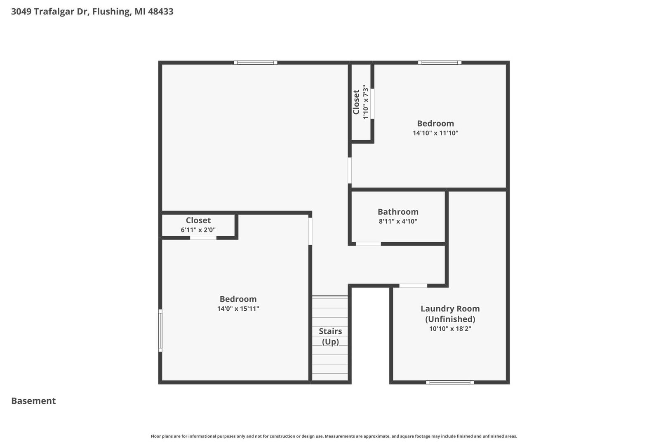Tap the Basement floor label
click(33, 401)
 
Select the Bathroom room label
click(398, 212)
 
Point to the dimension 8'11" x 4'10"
click(398, 221)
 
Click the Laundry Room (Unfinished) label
click(450, 314)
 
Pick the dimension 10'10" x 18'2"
click(450, 328)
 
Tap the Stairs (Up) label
click(330, 336)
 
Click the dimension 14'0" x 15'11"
click(238, 309)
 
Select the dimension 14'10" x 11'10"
click(435, 133)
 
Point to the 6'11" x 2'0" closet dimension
click(198, 230)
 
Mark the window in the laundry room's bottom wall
click(450, 382)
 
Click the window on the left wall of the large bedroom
click(160, 330)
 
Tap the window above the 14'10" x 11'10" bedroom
click(440, 63)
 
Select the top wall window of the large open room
click(256, 63)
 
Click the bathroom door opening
click(368, 244)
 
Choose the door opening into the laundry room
click(413, 286)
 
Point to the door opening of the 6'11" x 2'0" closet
click(203, 238)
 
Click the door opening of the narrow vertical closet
click(372, 103)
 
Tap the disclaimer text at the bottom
click(334, 436)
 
